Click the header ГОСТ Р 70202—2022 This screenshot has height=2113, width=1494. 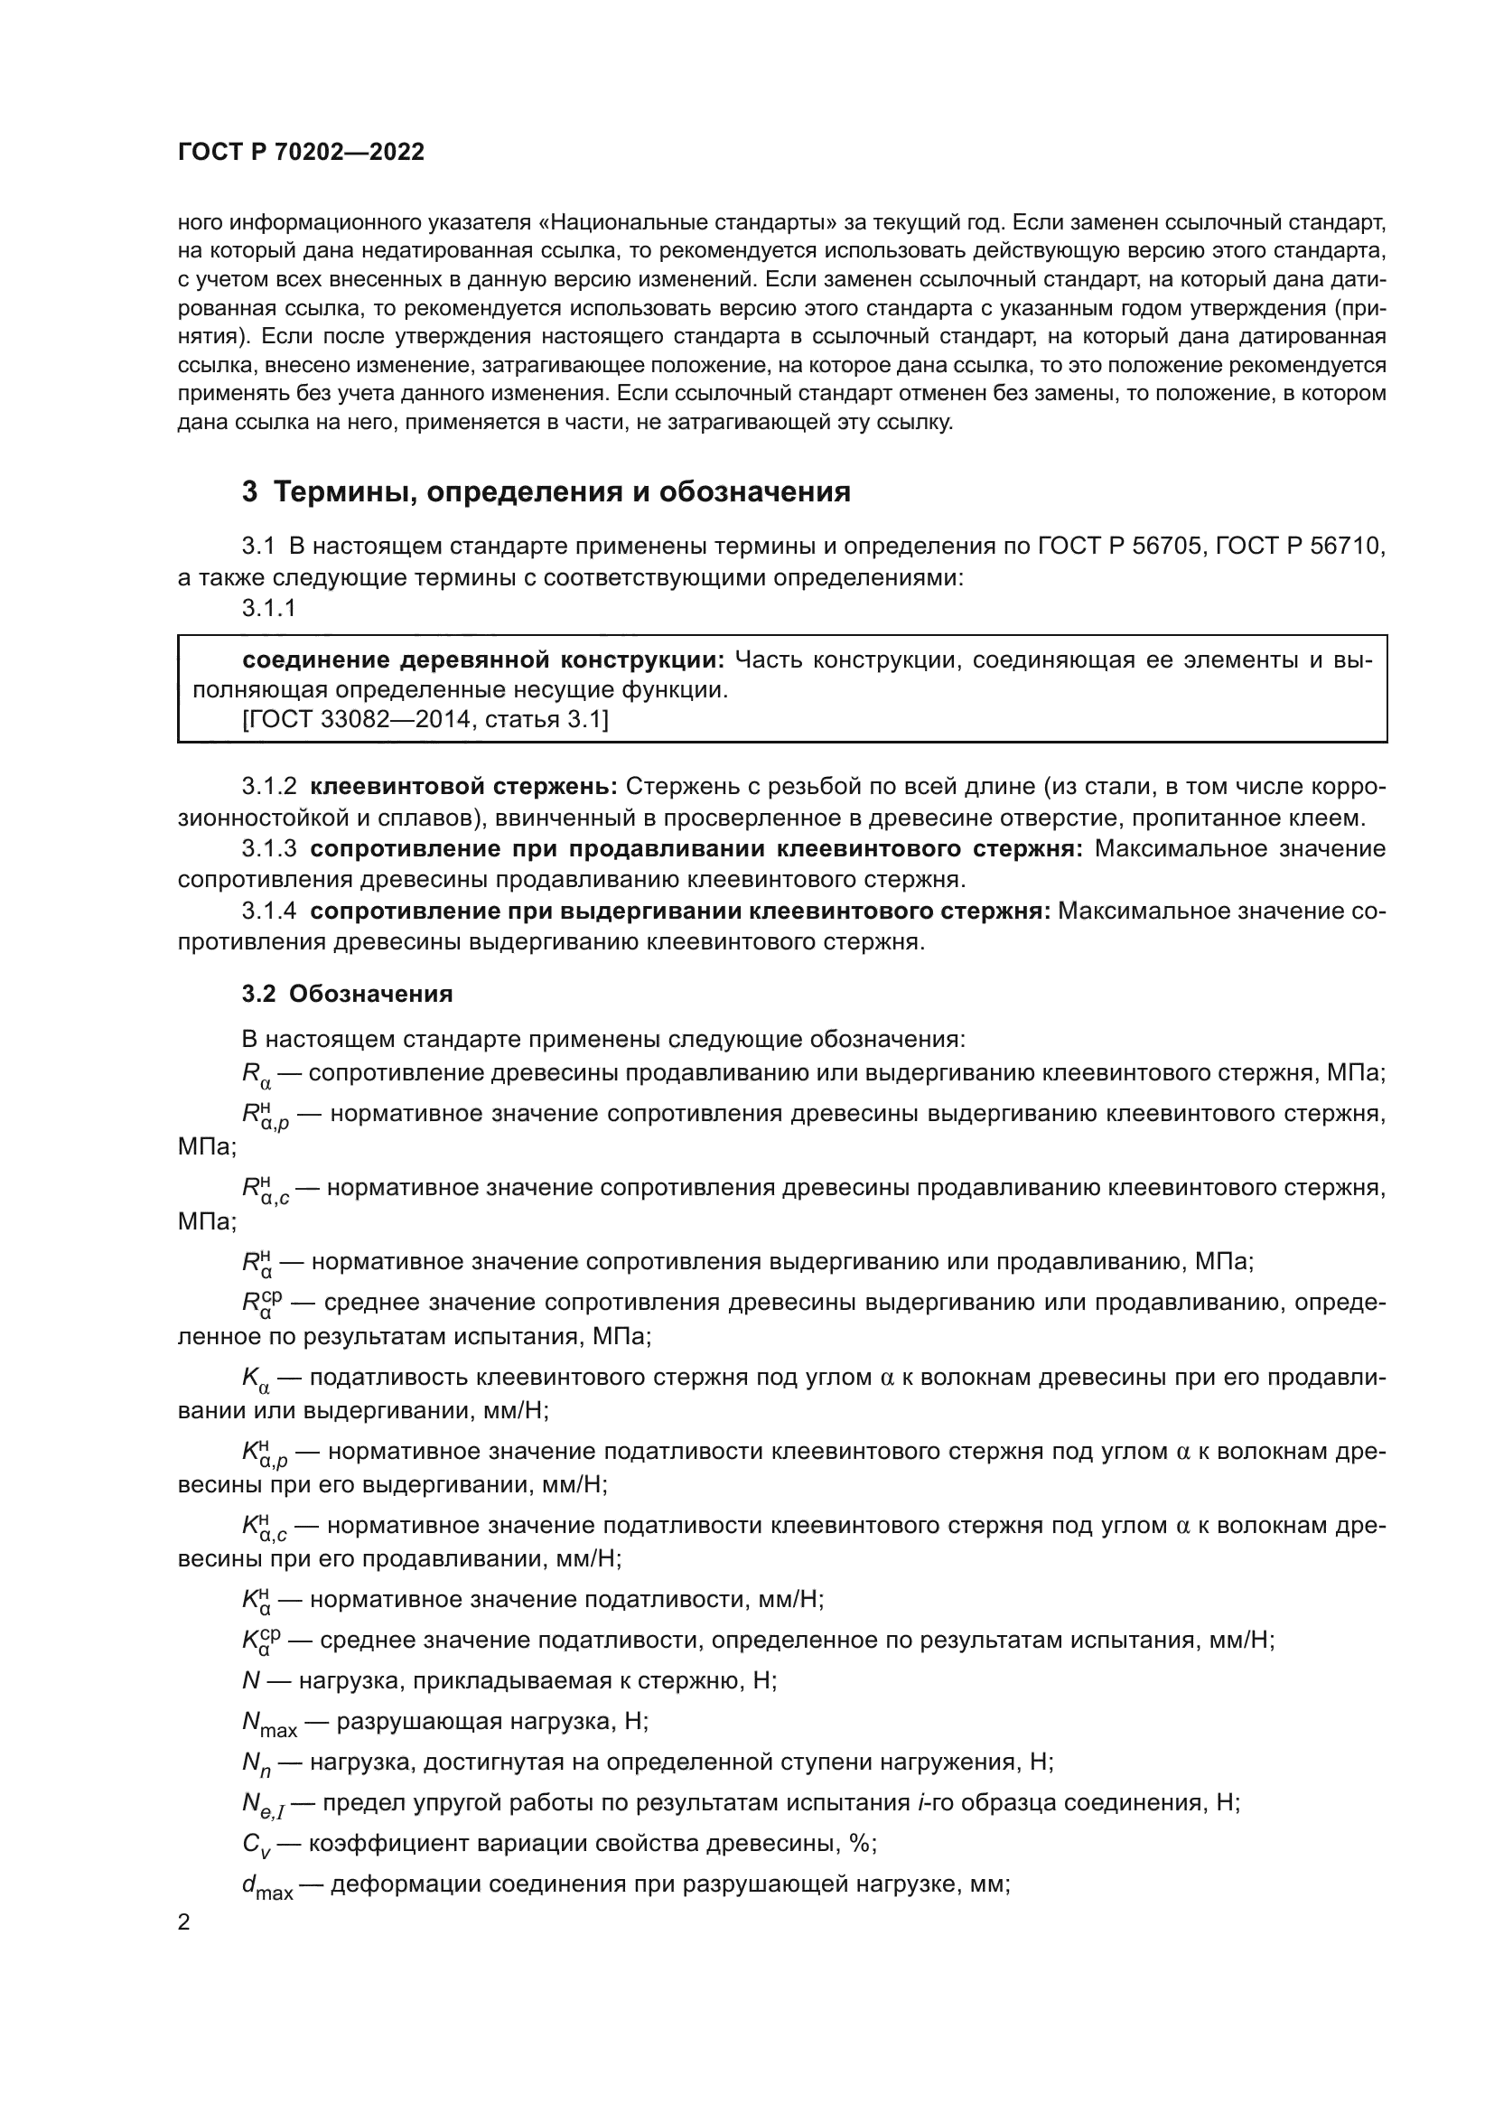301,153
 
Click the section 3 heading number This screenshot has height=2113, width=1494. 249,492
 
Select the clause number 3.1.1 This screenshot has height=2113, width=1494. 268,608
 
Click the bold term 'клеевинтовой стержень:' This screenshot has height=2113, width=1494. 463,787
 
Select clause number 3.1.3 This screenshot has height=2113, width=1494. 268,848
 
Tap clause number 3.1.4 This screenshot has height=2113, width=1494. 268,912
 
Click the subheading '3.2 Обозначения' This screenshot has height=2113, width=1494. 347,994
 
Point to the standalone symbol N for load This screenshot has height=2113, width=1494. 251,1681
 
